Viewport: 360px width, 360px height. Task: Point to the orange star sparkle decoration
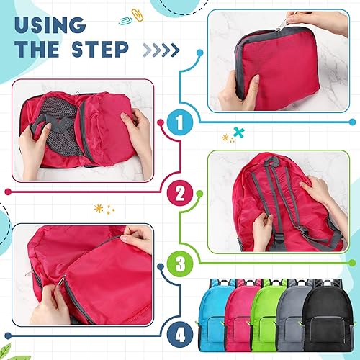tap(99, 210)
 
